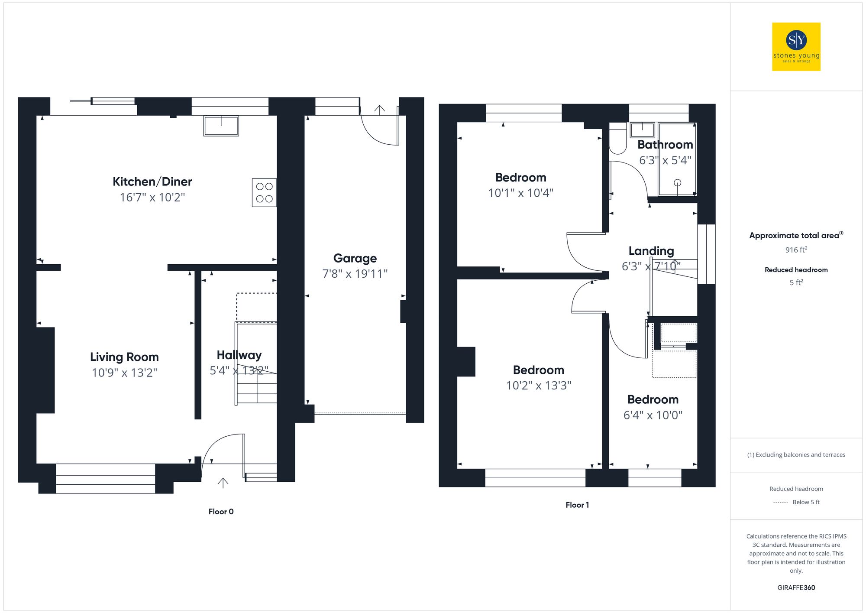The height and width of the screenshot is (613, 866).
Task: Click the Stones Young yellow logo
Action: (796, 47)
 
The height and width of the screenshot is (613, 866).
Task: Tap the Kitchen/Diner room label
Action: (152, 182)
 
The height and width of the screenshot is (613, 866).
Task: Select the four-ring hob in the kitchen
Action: (264, 193)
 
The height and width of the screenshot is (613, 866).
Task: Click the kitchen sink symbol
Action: (221, 126)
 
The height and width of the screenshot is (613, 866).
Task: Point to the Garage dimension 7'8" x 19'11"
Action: (355, 274)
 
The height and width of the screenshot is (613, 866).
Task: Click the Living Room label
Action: (124, 357)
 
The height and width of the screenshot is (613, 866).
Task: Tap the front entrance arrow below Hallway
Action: (223, 483)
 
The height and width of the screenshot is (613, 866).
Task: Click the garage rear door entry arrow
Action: (379, 110)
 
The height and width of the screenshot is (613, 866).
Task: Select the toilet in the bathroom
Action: (618, 139)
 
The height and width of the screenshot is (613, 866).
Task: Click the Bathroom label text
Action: (665, 145)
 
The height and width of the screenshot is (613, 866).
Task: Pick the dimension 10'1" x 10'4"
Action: (520, 193)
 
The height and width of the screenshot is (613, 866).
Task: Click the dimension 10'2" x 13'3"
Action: (538, 385)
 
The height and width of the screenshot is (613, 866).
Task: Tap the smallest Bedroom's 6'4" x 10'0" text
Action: (653, 415)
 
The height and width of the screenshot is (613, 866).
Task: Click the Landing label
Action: (651, 251)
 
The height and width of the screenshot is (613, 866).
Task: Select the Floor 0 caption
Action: (221, 512)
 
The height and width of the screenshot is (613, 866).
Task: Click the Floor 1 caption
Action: (577, 505)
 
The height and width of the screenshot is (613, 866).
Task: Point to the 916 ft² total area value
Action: (796, 250)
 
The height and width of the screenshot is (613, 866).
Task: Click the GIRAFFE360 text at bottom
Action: (796, 588)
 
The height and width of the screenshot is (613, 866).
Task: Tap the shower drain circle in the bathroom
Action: (677, 183)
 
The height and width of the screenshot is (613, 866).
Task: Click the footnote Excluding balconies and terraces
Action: (796, 455)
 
